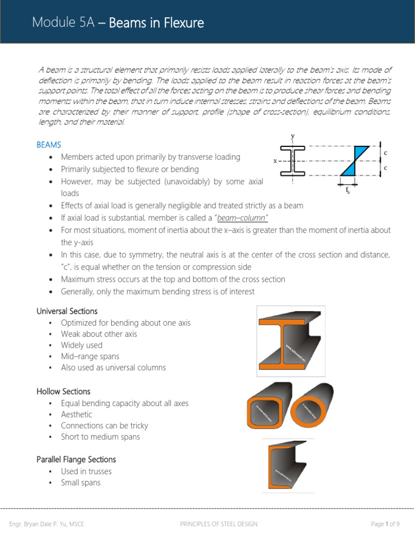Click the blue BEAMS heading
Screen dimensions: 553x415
(x=49, y=145)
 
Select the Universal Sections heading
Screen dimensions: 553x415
(x=67, y=311)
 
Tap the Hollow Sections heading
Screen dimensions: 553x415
(x=63, y=391)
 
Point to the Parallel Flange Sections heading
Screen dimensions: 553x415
(x=76, y=459)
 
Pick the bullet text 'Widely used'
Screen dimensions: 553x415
(x=82, y=345)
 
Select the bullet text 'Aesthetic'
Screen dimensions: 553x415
(x=76, y=414)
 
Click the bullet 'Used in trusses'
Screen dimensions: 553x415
(x=86, y=471)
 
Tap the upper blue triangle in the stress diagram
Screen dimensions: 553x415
(x=361, y=153)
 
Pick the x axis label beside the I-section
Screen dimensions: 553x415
(x=275, y=161)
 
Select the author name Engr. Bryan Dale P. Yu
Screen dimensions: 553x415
(x=47, y=524)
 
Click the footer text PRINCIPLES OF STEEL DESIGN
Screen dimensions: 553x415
(x=218, y=524)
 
